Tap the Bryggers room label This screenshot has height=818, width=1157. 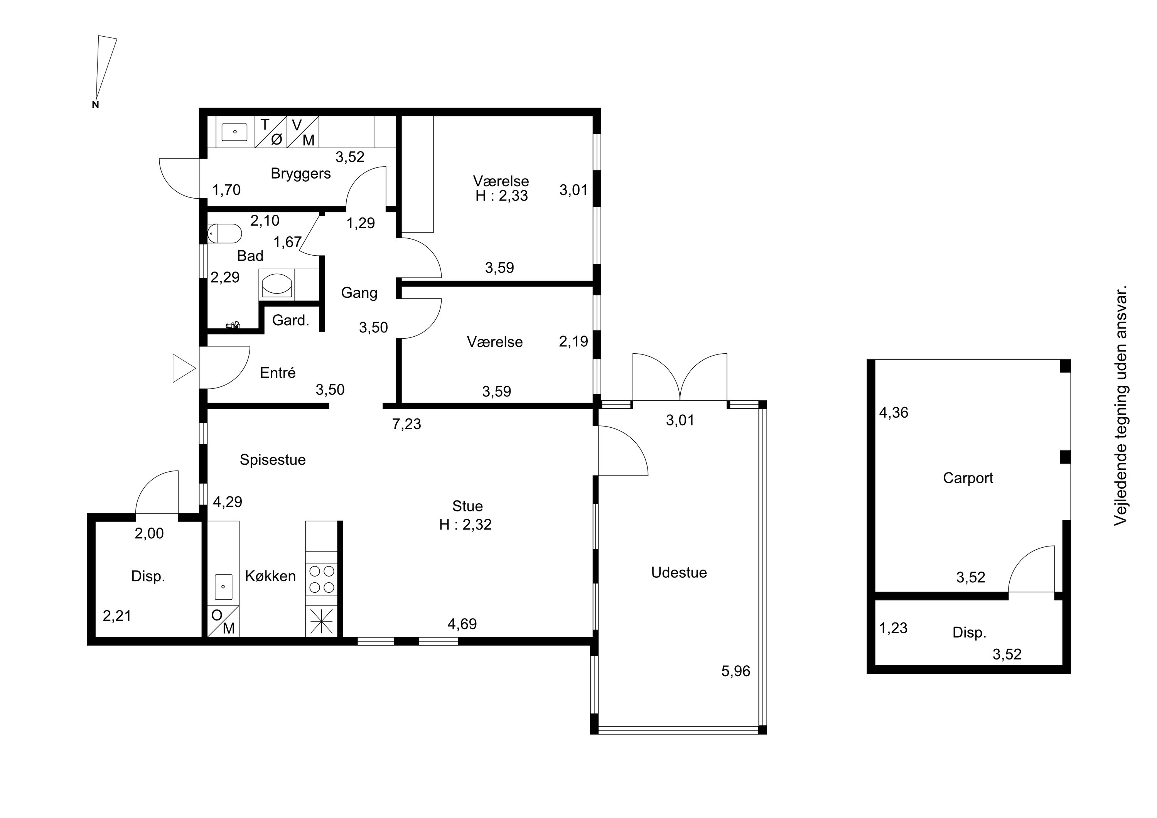click(x=301, y=174)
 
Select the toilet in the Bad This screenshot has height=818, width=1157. click(x=225, y=233)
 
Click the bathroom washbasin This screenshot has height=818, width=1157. click(x=277, y=285)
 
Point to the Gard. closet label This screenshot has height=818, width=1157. click(x=290, y=320)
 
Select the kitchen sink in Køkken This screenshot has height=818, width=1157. click(x=223, y=587)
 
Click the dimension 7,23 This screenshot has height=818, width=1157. click(x=406, y=424)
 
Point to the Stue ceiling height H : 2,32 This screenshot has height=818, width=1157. click(x=465, y=525)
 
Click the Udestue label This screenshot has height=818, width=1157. click(x=679, y=573)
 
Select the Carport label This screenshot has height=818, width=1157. click(x=968, y=478)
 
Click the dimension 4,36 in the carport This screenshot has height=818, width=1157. click(x=894, y=413)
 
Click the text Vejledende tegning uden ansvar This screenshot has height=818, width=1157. click(x=1121, y=406)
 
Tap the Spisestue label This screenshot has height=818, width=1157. click(x=273, y=460)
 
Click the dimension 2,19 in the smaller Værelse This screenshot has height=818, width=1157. click(x=573, y=342)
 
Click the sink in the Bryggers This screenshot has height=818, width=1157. click(x=234, y=132)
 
